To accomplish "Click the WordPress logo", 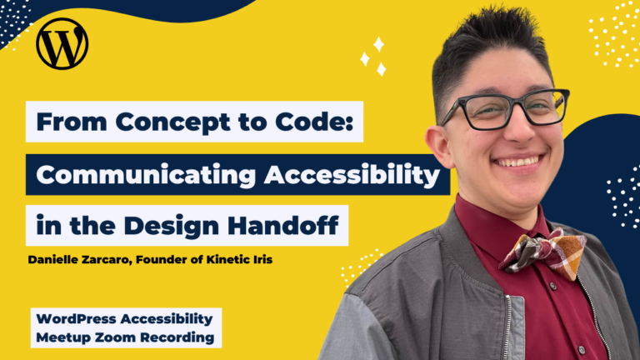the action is click(x=62, y=43).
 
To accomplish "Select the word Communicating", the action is click(x=146, y=176).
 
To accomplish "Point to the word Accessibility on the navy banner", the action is click(x=352, y=176).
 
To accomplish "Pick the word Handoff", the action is click(x=283, y=225).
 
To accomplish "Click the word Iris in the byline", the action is click(x=262, y=260).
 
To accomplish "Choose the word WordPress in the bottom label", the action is click(x=77, y=319).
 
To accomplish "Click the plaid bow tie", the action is click(x=542, y=253).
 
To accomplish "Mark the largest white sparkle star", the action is click(x=378, y=44).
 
